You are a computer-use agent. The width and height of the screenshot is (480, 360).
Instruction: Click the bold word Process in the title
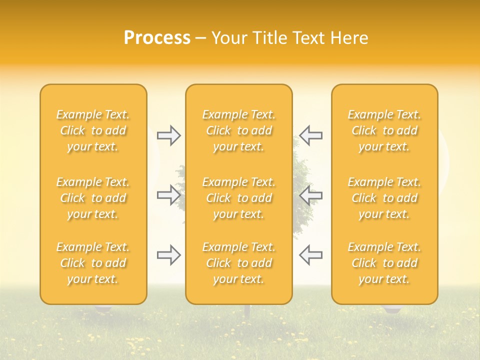coord(157,38)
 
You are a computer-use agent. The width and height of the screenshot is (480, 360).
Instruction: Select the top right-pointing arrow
coord(169,135)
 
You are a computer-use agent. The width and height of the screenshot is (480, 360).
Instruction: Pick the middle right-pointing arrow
coord(169,195)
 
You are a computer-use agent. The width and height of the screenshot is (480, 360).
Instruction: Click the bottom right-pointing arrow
coord(169,255)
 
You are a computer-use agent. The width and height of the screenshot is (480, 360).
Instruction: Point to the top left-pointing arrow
coord(310,135)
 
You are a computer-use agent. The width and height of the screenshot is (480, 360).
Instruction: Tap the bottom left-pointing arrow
coord(310,255)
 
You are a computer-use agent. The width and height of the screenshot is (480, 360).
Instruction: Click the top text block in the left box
coord(93,130)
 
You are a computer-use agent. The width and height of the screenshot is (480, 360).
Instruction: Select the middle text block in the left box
coord(93,198)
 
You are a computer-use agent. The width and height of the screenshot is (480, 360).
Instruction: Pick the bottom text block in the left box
coord(93,263)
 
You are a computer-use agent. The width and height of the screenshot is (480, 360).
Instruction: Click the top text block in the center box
coord(239,130)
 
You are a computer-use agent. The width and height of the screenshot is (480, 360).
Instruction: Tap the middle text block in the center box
coord(239,198)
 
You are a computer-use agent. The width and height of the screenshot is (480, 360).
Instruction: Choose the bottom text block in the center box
coord(239,263)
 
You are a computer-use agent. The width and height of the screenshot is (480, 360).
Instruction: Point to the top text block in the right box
coord(384,130)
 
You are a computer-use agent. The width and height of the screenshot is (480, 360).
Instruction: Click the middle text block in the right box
coord(384,198)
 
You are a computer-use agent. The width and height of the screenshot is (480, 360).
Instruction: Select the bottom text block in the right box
coord(384,263)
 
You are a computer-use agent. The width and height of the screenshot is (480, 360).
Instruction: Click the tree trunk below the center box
coord(247,311)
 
